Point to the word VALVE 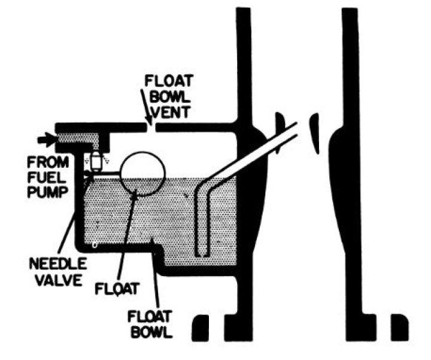point(59,279)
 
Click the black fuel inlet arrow point(45,140)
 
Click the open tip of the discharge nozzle point(295,128)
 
